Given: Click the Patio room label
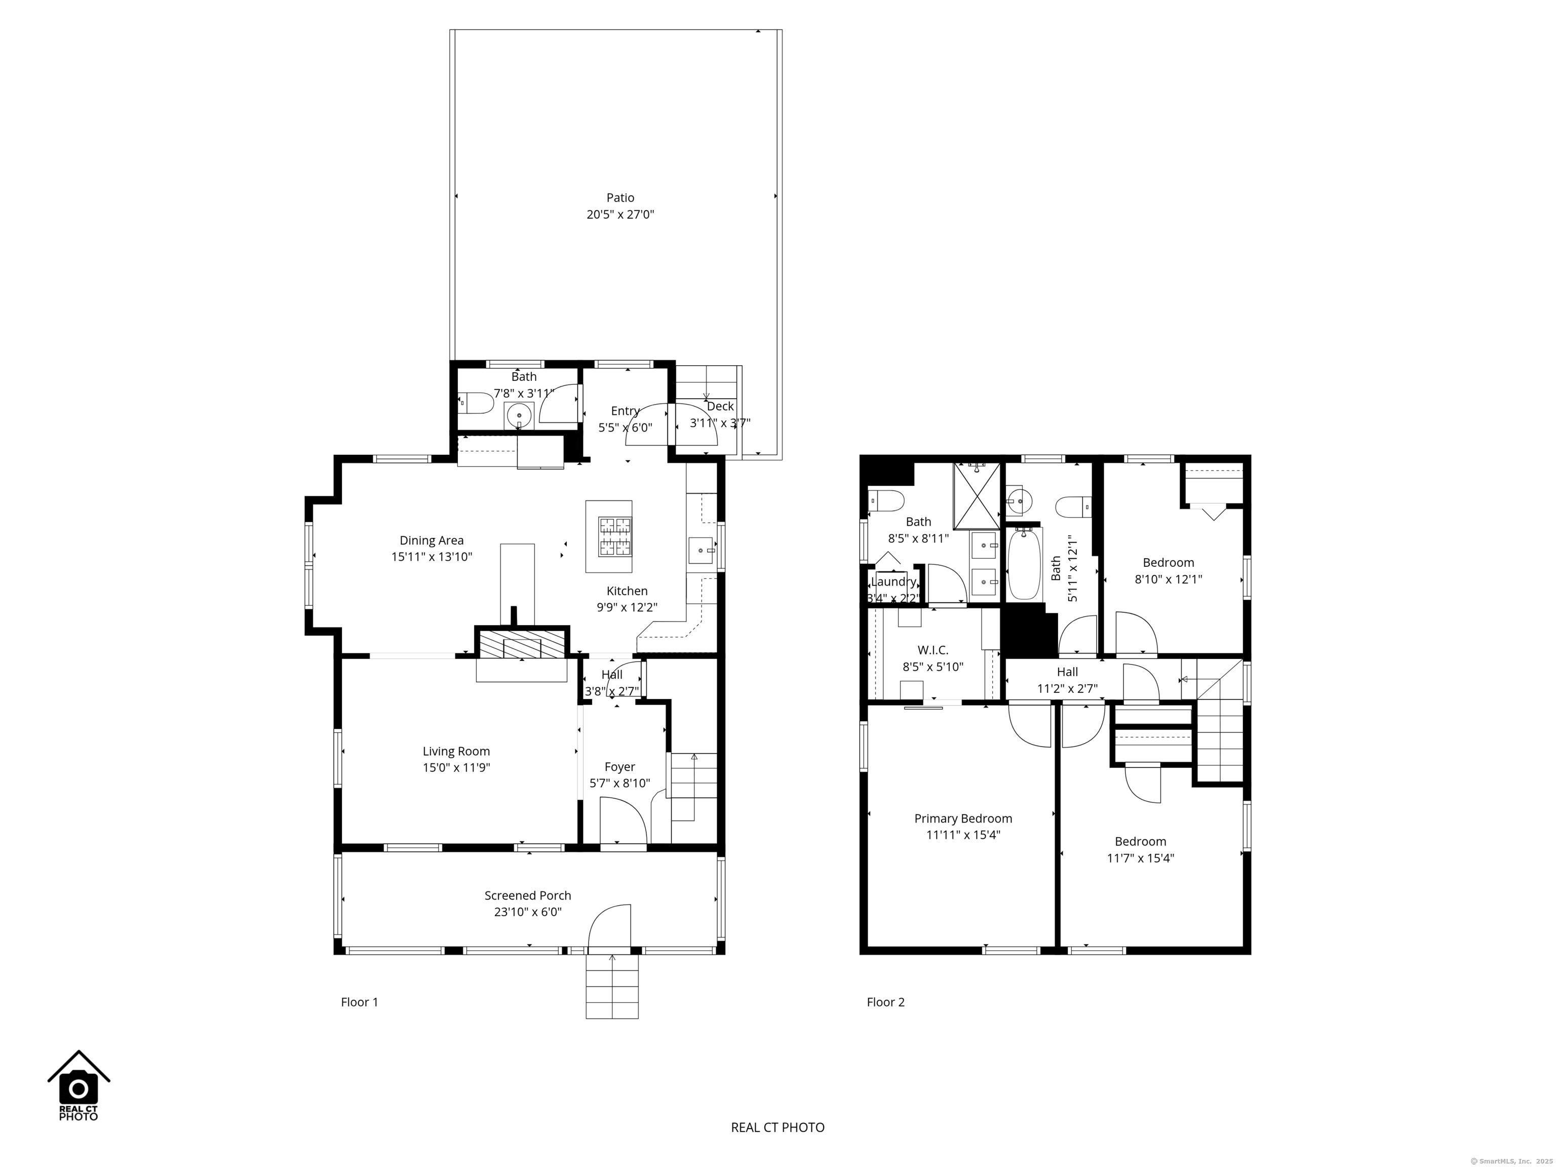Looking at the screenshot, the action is pyautogui.click(x=620, y=198).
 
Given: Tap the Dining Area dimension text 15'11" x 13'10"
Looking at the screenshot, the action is pyautogui.click(x=432, y=557).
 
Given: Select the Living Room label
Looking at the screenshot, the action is pyautogui.click(x=456, y=751).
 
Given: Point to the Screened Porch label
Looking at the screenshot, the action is pyautogui.click(x=528, y=896).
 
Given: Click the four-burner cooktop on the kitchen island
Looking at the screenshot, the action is pyautogui.click(x=615, y=537).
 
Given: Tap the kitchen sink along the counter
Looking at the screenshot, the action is pyautogui.click(x=702, y=550).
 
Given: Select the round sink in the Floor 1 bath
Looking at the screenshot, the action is pyautogui.click(x=520, y=415).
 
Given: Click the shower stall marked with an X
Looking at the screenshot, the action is pyautogui.click(x=977, y=495).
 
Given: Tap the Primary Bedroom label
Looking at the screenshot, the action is pyautogui.click(x=963, y=818).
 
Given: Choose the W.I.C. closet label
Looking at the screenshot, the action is pyautogui.click(x=933, y=650).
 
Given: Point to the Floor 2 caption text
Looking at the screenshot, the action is pyautogui.click(x=885, y=1002).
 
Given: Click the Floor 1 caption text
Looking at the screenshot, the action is pyautogui.click(x=360, y=1002).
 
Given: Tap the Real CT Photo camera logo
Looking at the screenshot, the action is pyautogui.click(x=79, y=1086).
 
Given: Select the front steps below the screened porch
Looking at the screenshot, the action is pyautogui.click(x=612, y=986).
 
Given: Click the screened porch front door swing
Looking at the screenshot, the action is pyautogui.click(x=609, y=926).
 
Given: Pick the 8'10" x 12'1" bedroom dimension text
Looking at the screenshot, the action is pyautogui.click(x=1169, y=579).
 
